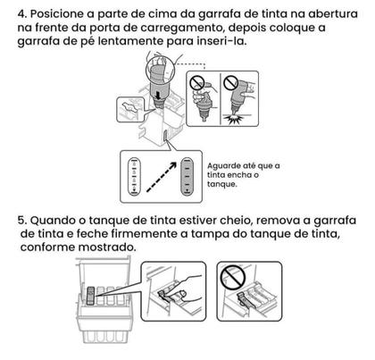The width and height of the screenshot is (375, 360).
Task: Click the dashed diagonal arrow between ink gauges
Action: click(x=158, y=177)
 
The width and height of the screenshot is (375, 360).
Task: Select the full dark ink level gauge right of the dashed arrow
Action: click(x=187, y=173)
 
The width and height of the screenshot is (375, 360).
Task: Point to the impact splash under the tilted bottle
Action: click(x=237, y=120)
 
